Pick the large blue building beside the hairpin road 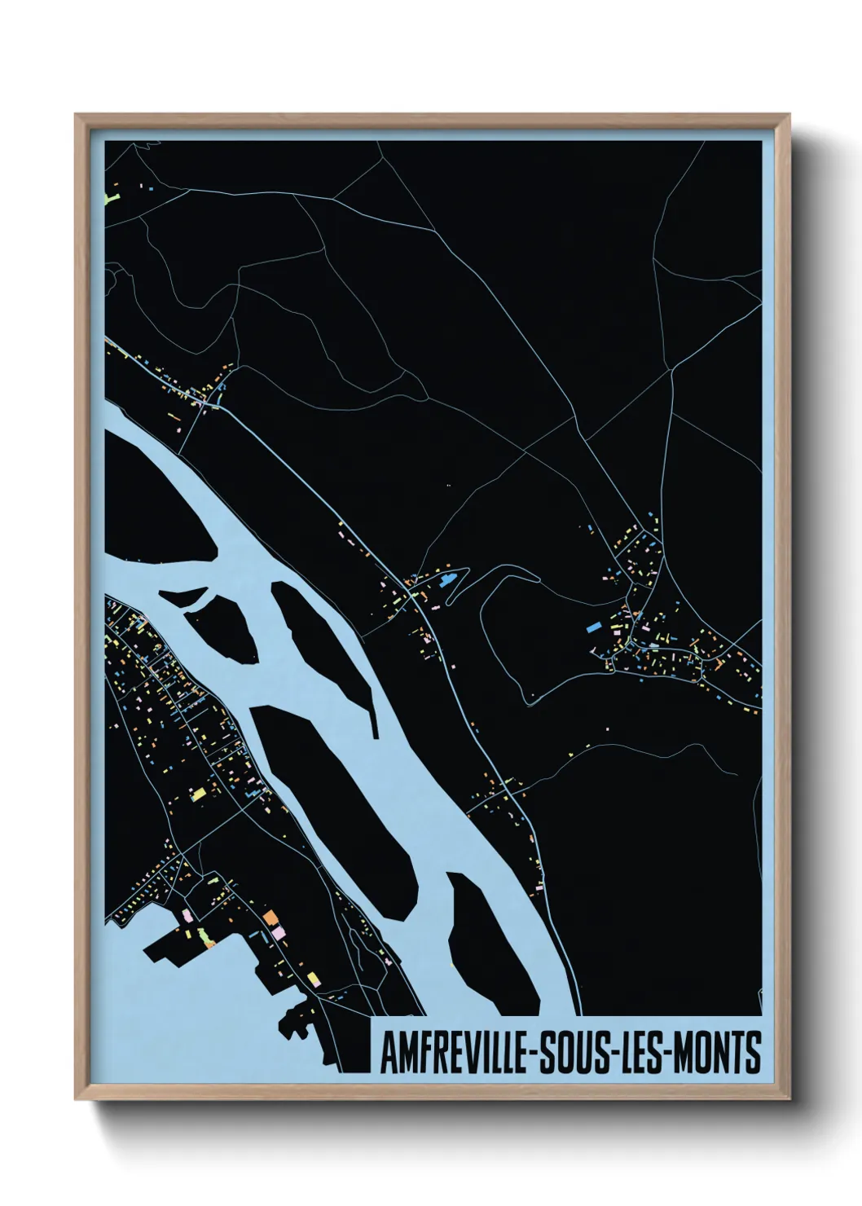446,581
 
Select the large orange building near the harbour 272,919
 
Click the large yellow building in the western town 198,793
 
